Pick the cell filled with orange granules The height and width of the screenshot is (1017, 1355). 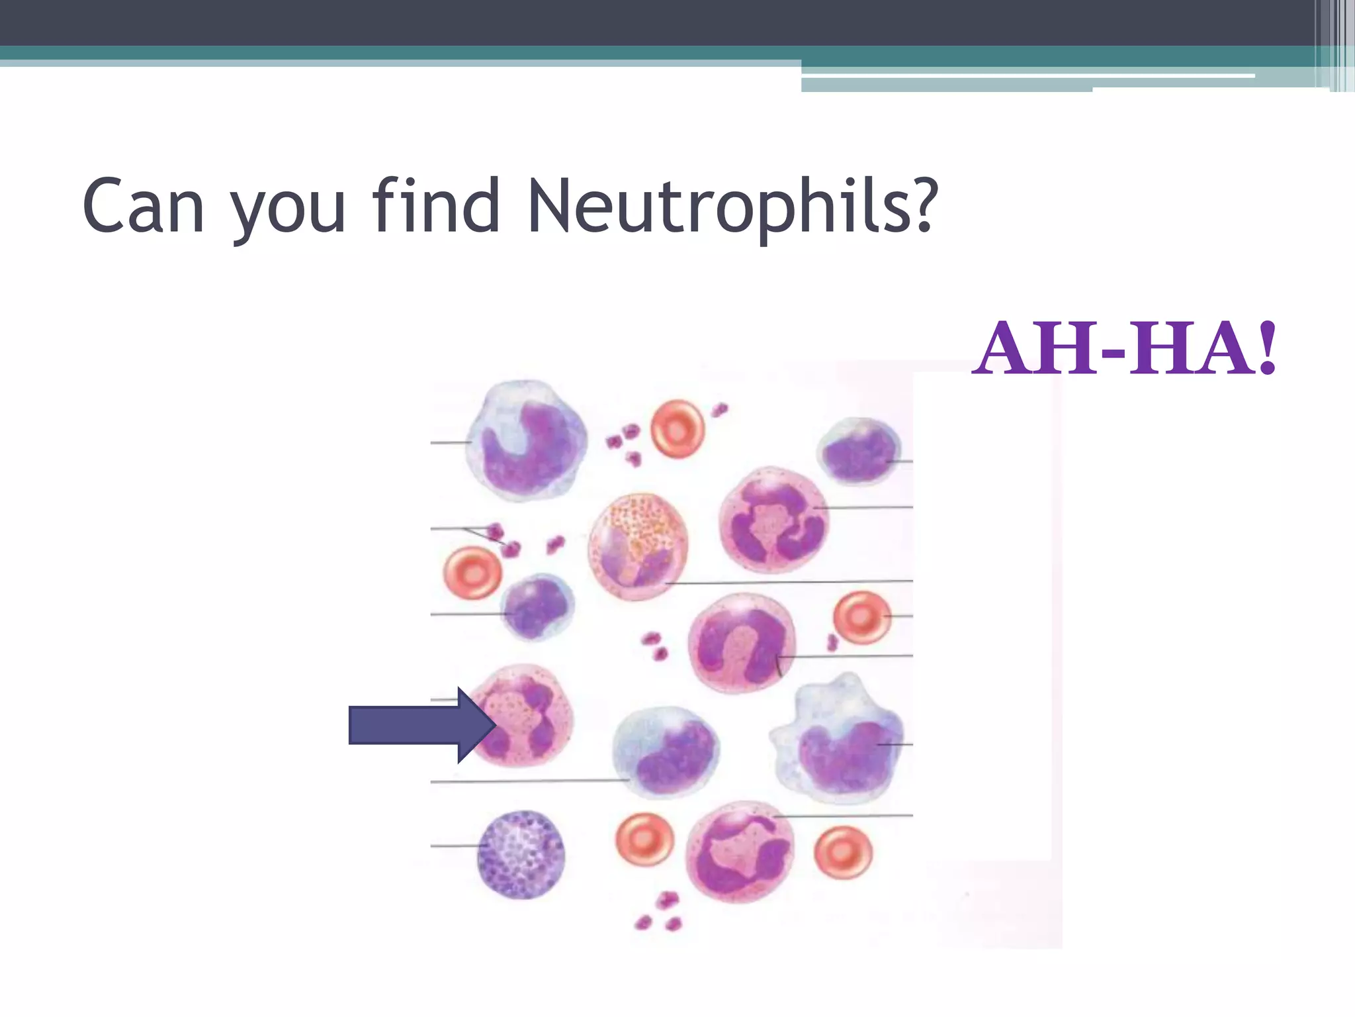tap(638, 546)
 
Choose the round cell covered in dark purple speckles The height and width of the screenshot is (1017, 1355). tap(521, 854)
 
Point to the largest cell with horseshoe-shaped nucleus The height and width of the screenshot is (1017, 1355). tap(526, 440)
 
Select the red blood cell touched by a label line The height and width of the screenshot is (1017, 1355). tap(862, 618)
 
